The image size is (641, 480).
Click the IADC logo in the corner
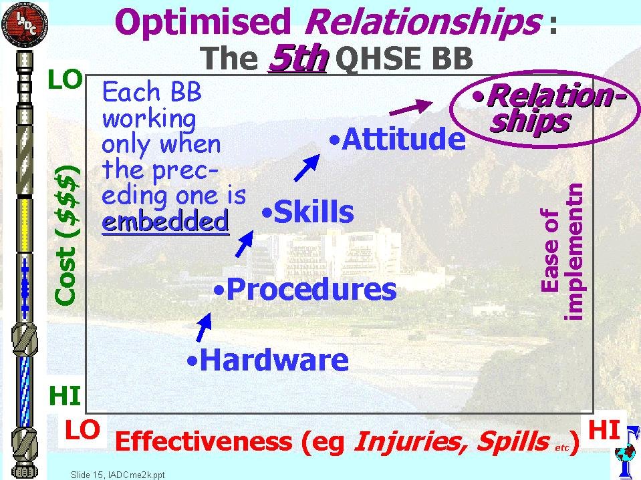(25, 25)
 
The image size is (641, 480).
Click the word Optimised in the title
(203, 23)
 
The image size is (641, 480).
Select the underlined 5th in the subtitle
(298, 57)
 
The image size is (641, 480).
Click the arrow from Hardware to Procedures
(204, 327)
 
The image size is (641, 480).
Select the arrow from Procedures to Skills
(245, 244)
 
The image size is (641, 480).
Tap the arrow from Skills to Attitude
(307, 168)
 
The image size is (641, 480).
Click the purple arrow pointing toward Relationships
(411, 107)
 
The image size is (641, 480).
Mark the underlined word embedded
(166, 222)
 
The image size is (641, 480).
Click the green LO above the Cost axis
(66, 79)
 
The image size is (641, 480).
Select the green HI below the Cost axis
(65, 395)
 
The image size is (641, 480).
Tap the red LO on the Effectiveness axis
(83, 429)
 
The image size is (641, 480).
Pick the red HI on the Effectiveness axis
(604, 430)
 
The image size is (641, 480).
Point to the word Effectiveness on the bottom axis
(204, 441)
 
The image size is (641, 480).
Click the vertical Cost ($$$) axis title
(66, 235)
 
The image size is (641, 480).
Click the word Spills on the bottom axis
(513, 441)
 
